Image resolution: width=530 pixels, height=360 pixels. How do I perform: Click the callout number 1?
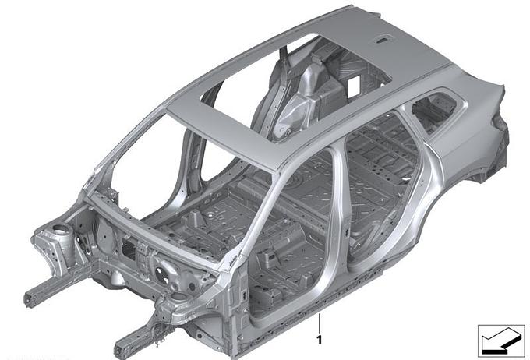click(x=319, y=340)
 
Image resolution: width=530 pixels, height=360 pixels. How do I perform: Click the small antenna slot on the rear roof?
click(x=385, y=40)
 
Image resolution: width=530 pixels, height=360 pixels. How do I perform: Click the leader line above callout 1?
click(x=319, y=323)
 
